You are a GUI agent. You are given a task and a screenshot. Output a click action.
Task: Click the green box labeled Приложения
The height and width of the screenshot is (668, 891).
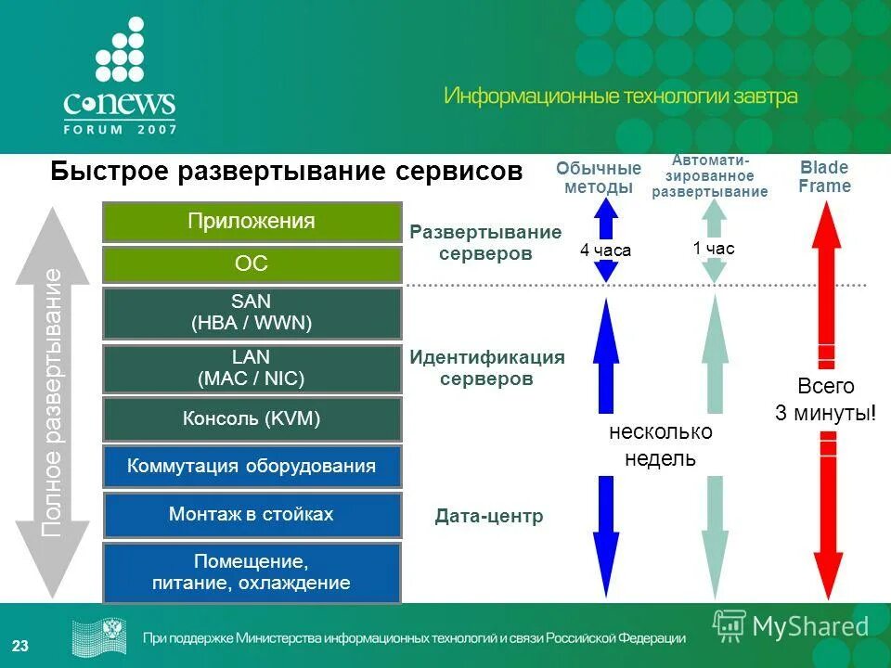[x=252, y=222]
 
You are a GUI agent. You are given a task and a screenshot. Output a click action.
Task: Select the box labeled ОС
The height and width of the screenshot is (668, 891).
[x=252, y=264]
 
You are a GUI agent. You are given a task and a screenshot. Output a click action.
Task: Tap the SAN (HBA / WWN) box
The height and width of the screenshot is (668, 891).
[x=252, y=313]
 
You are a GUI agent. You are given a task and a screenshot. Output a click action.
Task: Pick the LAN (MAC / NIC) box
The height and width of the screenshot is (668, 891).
[x=252, y=368]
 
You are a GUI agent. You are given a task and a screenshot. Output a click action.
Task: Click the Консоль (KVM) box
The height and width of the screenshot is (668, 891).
[x=252, y=419]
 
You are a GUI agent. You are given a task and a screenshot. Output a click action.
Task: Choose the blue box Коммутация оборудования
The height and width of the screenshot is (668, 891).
[x=252, y=466]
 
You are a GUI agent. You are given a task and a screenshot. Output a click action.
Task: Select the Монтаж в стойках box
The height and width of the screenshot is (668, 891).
[x=252, y=514]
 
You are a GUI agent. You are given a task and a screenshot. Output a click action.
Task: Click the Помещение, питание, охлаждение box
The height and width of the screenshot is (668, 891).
[x=252, y=572]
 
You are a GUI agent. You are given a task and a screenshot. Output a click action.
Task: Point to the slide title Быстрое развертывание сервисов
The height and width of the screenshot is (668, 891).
[x=287, y=172]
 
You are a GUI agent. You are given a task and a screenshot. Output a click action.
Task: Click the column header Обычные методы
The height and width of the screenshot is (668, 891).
[x=599, y=178]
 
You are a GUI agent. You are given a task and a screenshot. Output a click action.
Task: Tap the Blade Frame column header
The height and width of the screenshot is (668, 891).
[x=824, y=177]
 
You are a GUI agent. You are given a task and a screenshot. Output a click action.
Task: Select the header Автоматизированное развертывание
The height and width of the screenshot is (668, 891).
[x=710, y=176]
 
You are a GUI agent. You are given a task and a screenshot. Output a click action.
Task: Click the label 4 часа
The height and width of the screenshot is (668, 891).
[x=605, y=250]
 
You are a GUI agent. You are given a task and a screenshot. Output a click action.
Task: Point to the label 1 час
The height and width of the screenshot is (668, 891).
[x=713, y=249]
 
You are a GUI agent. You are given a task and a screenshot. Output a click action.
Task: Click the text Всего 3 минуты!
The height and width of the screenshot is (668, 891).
[x=825, y=400]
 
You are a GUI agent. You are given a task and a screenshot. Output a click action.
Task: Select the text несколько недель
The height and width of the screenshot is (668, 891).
[x=660, y=445]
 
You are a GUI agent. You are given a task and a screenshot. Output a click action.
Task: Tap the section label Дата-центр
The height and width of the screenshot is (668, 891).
[x=488, y=517]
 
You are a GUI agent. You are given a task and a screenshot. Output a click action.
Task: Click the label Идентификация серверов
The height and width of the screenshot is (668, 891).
[x=486, y=368]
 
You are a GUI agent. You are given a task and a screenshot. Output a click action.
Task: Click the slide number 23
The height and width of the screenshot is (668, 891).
[x=20, y=646]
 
